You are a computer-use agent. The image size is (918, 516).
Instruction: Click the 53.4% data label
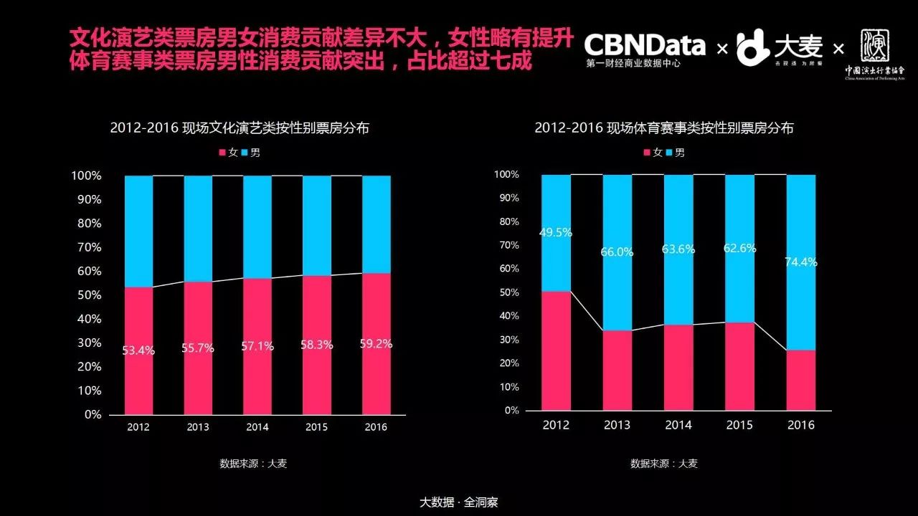tap(138, 350)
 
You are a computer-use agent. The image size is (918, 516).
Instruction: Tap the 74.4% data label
tap(801, 262)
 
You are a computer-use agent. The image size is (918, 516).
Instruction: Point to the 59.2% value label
tap(376, 344)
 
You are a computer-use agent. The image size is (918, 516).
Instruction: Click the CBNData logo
tap(644, 47)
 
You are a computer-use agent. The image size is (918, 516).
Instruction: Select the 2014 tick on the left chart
tap(257, 427)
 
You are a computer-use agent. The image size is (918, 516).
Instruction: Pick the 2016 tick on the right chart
tap(801, 425)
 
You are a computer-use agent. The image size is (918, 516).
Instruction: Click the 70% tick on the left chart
tap(85, 247)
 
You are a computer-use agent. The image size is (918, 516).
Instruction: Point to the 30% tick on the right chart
tap(508, 340)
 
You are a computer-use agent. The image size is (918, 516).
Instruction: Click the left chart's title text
tap(240, 128)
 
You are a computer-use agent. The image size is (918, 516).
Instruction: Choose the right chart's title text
tap(664, 128)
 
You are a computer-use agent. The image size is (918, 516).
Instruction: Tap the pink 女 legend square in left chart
tap(222, 153)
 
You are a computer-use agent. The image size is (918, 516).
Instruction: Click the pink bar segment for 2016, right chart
tap(801, 380)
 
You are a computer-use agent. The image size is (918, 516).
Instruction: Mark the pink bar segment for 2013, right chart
tap(617, 370)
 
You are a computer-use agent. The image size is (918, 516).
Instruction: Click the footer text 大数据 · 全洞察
tap(458, 502)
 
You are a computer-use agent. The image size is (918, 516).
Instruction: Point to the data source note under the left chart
tap(253, 464)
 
